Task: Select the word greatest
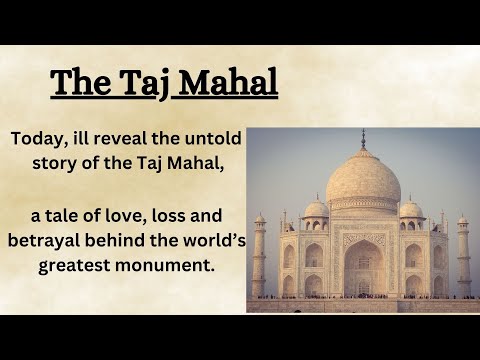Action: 76,267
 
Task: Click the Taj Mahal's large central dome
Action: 363,178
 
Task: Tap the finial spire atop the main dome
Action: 363,139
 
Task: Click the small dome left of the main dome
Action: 316,209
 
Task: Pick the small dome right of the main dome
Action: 410,209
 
